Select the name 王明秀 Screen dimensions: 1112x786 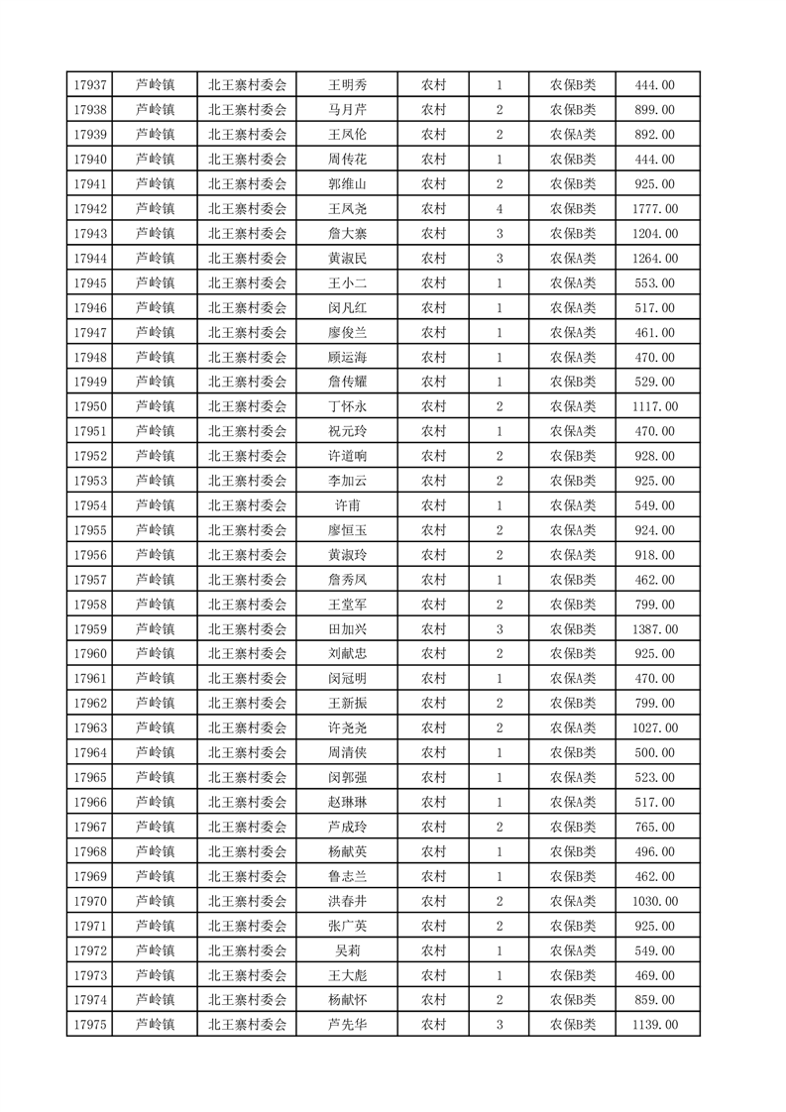(x=347, y=85)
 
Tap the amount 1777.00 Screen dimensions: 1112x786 (x=654, y=209)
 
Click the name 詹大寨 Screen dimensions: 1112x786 (x=347, y=234)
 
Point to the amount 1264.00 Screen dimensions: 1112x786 (x=654, y=259)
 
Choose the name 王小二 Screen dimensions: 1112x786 (x=347, y=283)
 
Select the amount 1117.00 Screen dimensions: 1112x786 (x=654, y=406)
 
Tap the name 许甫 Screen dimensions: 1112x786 (x=347, y=505)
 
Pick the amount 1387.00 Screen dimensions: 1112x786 (x=654, y=629)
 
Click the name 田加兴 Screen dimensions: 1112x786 (x=347, y=629)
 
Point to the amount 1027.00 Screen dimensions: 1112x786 (x=654, y=728)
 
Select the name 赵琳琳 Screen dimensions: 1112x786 (x=347, y=802)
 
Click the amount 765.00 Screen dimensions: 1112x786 (x=654, y=827)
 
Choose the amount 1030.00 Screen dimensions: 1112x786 (x=654, y=901)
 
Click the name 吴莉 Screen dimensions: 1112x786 (x=347, y=950)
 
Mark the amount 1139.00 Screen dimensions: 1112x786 (x=654, y=1025)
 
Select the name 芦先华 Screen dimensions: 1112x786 (x=347, y=1025)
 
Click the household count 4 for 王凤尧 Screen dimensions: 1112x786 (x=499, y=209)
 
